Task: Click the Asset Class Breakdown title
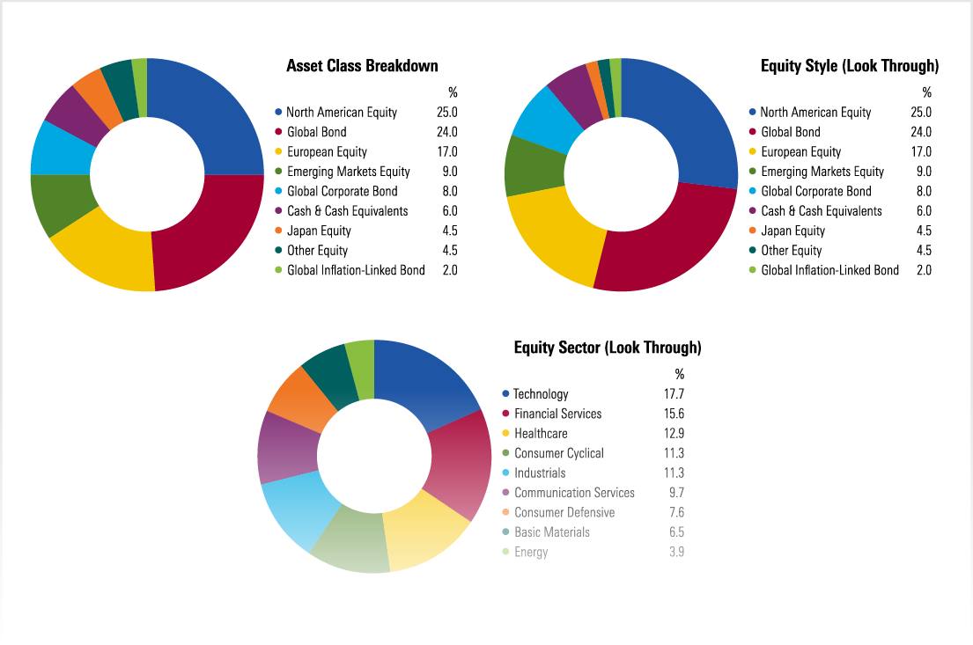(x=362, y=66)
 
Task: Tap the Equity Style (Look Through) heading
(x=849, y=66)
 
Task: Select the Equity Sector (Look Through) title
(x=608, y=348)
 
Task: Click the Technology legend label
(x=541, y=394)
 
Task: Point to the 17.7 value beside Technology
(x=674, y=394)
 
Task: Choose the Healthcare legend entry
(x=541, y=434)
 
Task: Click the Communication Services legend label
(x=574, y=493)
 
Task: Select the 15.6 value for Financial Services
(x=674, y=414)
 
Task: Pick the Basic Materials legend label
(x=552, y=532)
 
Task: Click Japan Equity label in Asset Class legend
(x=319, y=231)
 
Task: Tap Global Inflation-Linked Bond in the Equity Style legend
(x=829, y=271)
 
